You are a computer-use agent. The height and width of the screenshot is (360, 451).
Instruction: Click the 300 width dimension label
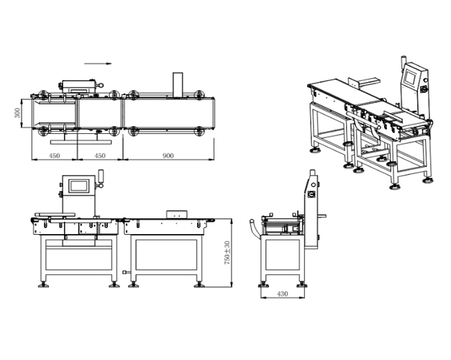pyautogui.click(x=17, y=112)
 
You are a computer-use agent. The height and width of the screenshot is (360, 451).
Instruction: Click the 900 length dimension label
pyautogui.click(x=168, y=156)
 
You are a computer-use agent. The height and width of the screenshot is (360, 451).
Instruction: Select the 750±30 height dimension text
pyautogui.click(x=227, y=253)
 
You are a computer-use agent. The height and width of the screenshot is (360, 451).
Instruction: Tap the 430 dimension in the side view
pyautogui.click(x=282, y=294)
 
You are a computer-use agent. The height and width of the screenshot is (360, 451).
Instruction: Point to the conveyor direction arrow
pyautogui.click(x=98, y=63)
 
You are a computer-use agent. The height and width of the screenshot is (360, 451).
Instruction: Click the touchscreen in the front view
pyautogui.click(x=78, y=186)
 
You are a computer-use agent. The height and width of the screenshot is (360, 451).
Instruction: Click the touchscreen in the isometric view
pyautogui.click(x=410, y=77)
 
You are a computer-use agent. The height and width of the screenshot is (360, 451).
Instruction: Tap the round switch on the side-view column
pyautogui.click(x=311, y=194)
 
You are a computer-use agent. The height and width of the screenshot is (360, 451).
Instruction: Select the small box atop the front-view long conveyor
pyautogui.click(x=177, y=215)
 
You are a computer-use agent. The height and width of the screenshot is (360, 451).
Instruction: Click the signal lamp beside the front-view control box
pyautogui.click(x=101, y=179)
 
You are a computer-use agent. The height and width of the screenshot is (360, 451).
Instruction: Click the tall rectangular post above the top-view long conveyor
pyautogui.click(x=178, y=85)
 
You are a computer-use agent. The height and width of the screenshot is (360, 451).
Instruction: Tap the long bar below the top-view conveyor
pyautogui.click(x=81, y=142)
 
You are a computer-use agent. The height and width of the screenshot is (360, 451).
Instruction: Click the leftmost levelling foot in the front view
pyautogui.click(x=43, y=285)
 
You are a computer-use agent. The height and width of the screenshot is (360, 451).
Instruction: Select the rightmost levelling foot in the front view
pyautogui.click(x=199, y=285)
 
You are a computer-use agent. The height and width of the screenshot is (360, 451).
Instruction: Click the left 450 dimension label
pyautogui.click(x=55, y=156)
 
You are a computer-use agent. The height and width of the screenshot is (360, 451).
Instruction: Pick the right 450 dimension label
pyautogui.click(x=100, y=156)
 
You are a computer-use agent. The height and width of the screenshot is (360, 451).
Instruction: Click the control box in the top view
pyautogui.click(x=80, y=86)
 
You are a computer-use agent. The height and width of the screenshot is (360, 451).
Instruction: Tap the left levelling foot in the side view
pyautogui.click(x=263, y=285)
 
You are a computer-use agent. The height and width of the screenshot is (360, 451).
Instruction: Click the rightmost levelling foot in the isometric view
pyautogui.click(x=427, y=181)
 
